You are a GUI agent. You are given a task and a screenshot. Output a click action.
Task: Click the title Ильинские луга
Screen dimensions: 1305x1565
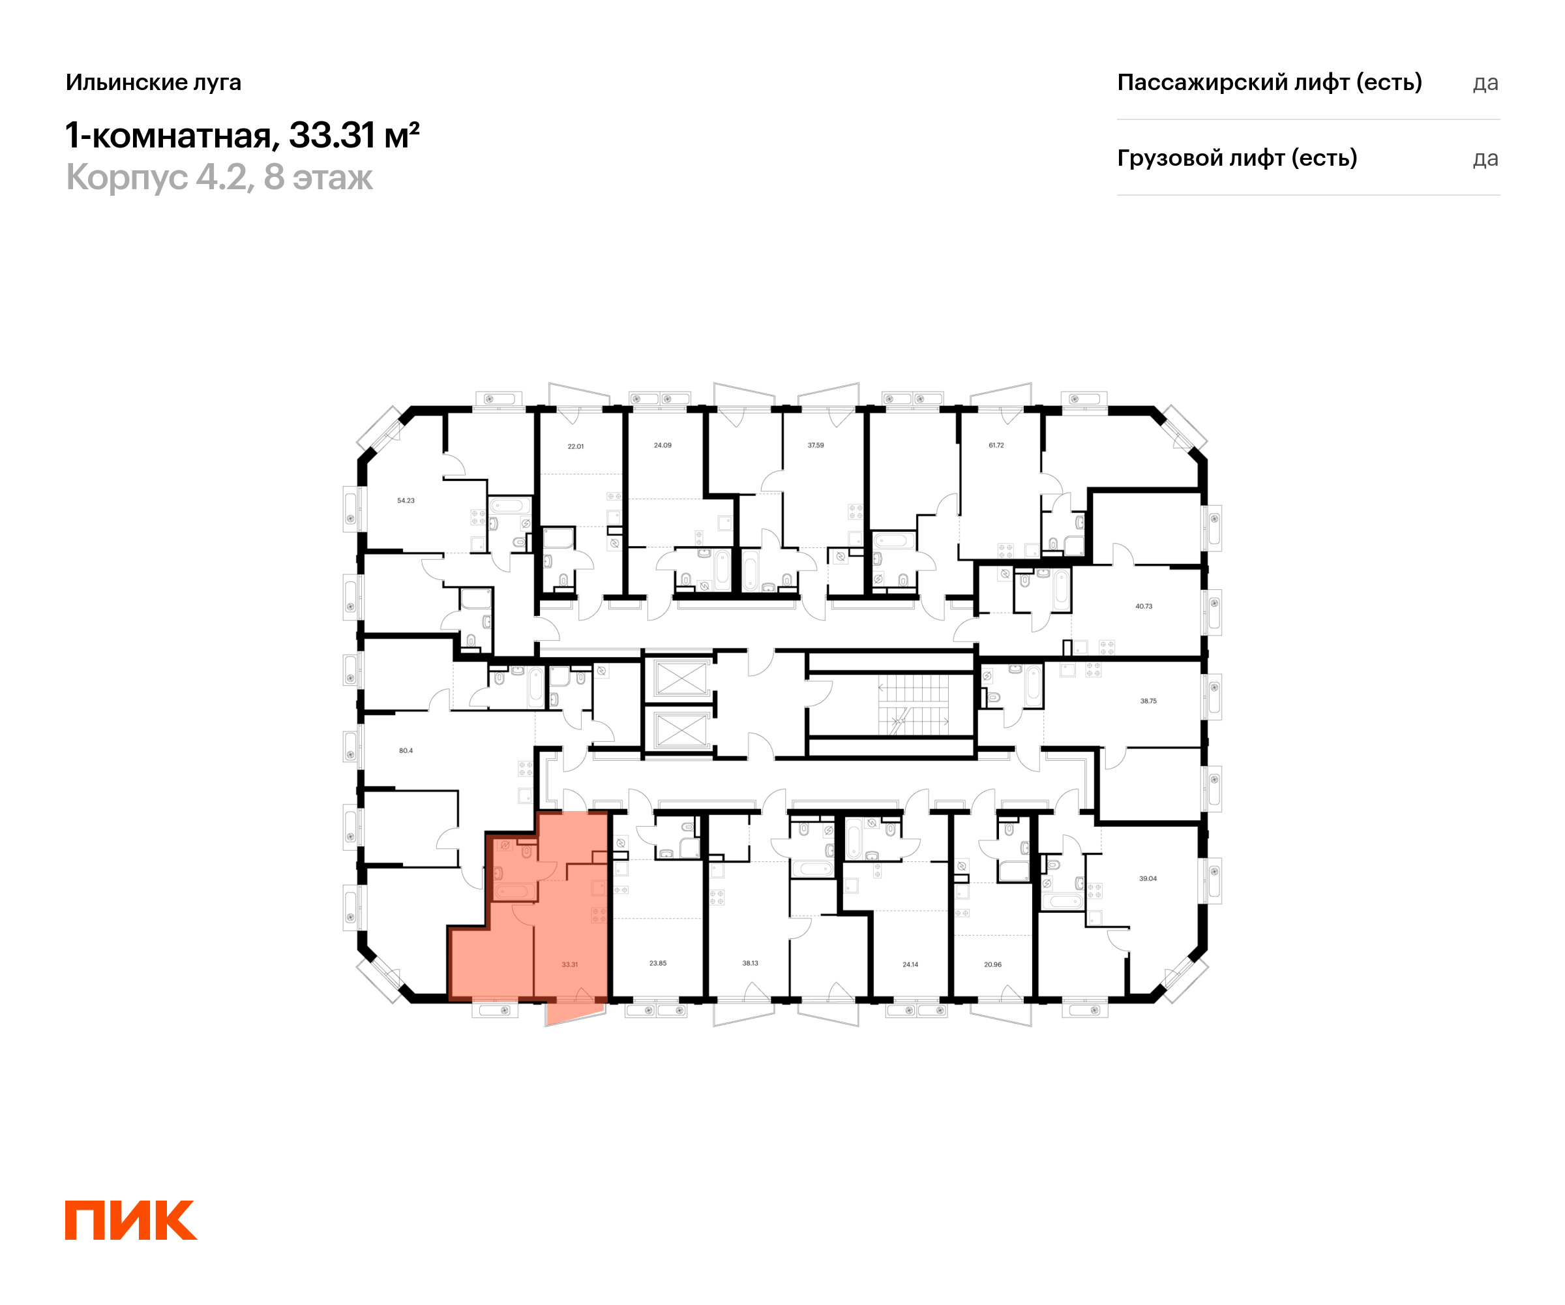153,82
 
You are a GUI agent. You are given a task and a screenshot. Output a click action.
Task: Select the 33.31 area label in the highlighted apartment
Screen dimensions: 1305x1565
569,964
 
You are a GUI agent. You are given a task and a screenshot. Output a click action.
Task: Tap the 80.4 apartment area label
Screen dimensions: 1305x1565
406,750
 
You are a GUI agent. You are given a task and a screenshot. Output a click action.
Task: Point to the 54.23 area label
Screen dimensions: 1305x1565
406,500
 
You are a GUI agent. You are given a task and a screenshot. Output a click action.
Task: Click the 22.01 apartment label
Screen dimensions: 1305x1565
575,446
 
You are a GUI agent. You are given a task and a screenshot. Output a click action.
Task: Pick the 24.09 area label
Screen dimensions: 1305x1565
663,445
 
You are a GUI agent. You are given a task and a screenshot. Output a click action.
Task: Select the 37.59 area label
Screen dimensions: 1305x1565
815,445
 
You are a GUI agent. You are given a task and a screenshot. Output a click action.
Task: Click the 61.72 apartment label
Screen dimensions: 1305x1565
996,445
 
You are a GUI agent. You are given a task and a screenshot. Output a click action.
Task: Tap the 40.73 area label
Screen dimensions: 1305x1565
1143,606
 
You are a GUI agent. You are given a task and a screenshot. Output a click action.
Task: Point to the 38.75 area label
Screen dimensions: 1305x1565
1148,701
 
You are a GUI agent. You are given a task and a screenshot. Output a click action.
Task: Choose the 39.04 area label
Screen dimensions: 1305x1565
1148,878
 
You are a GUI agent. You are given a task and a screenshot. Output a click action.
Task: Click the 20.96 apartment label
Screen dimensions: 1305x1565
992,964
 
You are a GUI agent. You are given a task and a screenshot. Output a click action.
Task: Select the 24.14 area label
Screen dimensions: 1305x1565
910,964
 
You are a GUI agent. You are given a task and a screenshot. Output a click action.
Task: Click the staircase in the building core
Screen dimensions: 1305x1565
913,705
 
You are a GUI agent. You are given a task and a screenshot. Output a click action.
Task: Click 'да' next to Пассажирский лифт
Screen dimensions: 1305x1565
1485,83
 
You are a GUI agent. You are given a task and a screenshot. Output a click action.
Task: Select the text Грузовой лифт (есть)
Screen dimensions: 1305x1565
1237,158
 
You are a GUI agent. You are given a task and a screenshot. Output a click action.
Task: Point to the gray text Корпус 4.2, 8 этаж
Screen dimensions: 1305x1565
219,177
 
